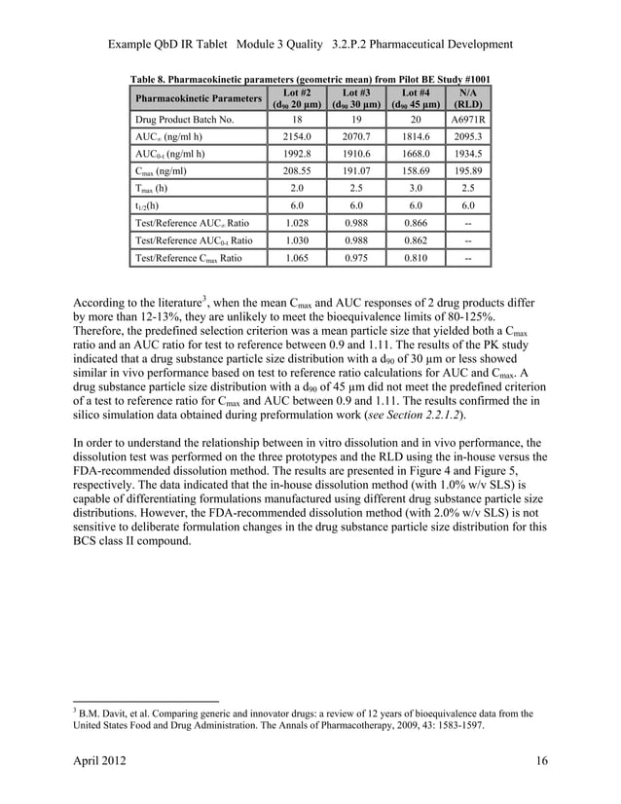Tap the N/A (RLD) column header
click(469, 99)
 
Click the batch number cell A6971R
click(469, 120)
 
